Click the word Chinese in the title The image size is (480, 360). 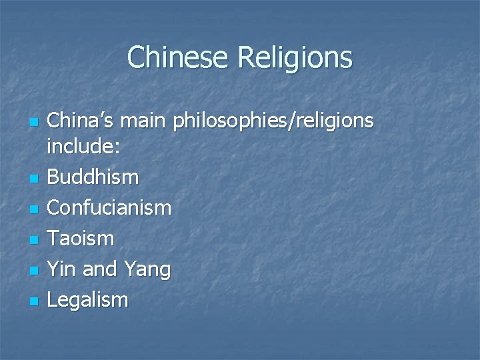tap(179, 57)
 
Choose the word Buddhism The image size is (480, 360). tap(94, 177)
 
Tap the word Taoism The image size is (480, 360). tap(82, 238)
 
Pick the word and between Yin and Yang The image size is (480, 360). tap(100, 269)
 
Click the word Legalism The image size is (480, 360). tap(89, 301)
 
